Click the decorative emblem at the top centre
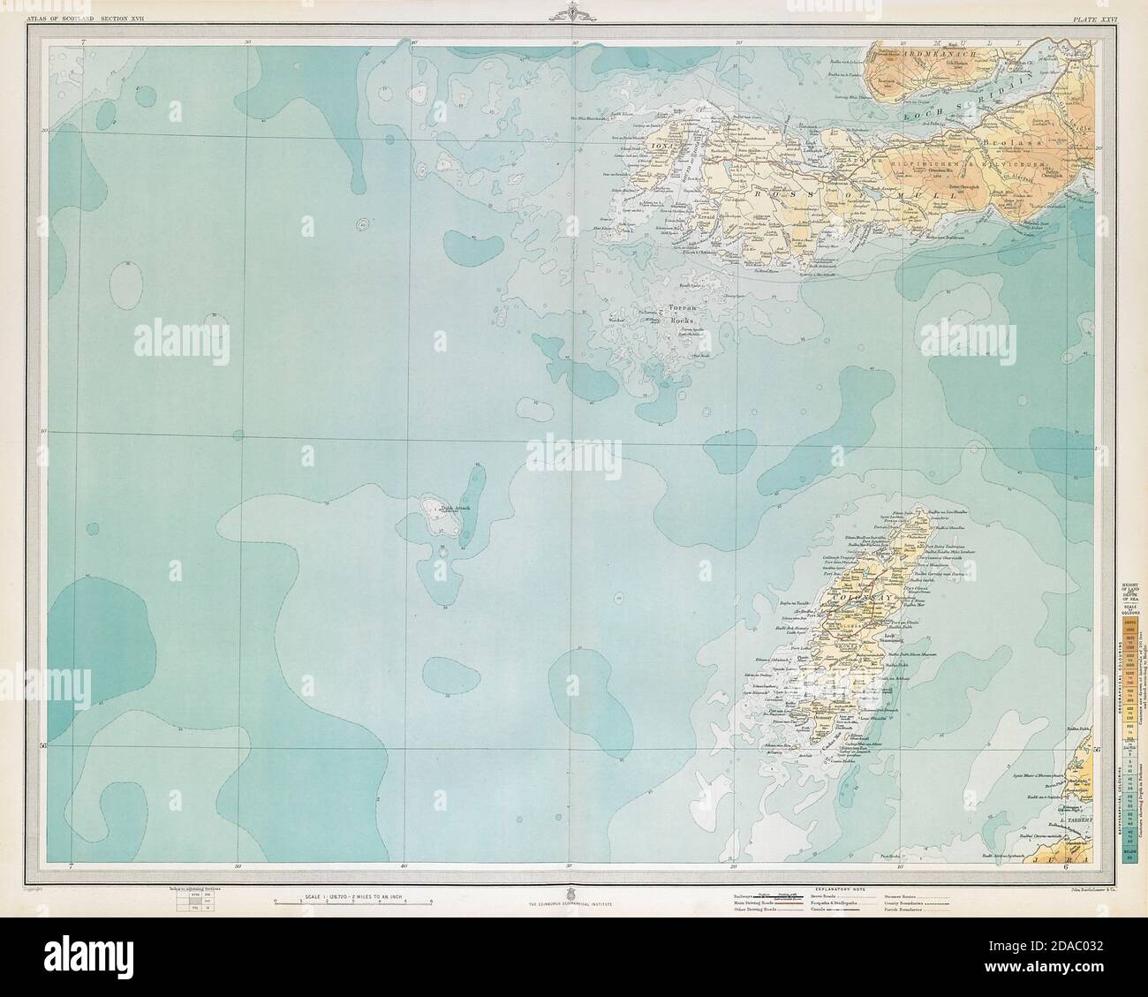(x=574, y=13)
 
